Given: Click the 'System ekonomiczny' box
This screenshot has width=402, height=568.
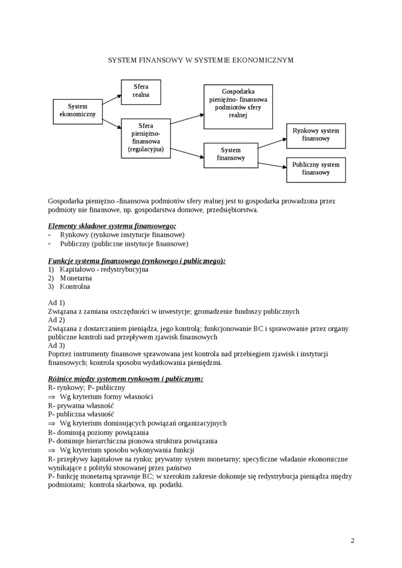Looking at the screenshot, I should coord(78,111).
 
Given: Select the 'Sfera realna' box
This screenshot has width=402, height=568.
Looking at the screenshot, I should coord(141,91).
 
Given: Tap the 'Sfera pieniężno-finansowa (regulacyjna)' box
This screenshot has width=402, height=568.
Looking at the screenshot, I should coord(146,138).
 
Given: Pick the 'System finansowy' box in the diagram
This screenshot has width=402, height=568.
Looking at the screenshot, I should coord(231,154).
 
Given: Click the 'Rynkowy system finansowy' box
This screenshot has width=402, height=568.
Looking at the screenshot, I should coord(316,135).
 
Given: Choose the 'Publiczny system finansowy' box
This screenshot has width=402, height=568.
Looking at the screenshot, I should coord(316,169).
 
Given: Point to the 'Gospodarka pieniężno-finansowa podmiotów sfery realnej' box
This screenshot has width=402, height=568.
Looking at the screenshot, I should coord(238,106).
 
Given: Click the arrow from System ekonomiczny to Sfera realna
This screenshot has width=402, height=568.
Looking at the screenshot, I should coord(112,99).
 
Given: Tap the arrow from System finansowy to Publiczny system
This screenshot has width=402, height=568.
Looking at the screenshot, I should coord(272,164).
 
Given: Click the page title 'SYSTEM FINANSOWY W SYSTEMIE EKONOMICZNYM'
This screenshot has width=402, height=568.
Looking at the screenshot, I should coord(200,61).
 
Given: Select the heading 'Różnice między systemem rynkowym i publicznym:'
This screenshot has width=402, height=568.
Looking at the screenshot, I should coord(125,379).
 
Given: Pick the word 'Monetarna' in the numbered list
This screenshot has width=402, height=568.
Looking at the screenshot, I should coord(76,278).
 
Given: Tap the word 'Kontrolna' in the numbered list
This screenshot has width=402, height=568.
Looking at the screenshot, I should coord(75,287).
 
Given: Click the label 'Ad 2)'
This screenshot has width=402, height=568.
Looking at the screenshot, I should coord(56,320).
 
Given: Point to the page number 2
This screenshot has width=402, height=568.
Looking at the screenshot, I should coord(352,541).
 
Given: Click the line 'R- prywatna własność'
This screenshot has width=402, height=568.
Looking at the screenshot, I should coord(80,406).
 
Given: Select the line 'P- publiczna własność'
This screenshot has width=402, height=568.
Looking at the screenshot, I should coord(81,414).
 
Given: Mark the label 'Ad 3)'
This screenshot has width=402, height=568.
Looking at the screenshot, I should coord(56,346).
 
